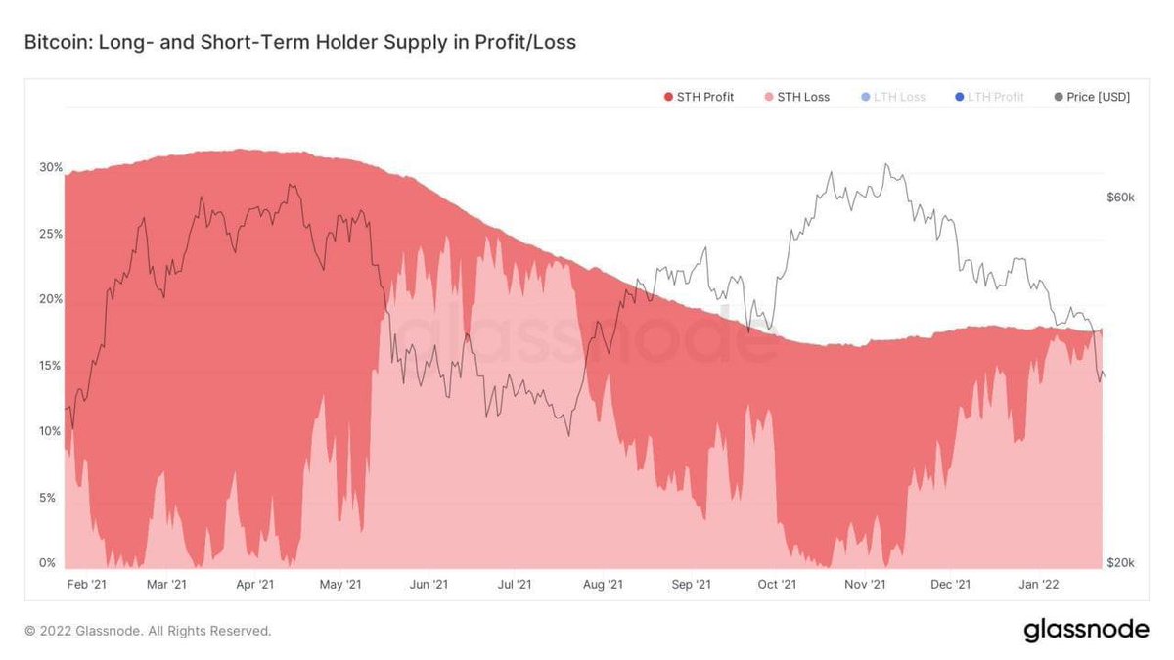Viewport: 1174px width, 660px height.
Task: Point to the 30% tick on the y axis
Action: [x=51, y=167]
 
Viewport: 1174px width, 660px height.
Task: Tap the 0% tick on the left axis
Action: [x=47, y=563]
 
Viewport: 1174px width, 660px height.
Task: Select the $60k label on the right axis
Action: [x=1120, y=198]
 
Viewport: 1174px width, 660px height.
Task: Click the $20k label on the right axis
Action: [x=1120, y=563]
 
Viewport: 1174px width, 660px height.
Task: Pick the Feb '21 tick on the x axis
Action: [x=86, y=585]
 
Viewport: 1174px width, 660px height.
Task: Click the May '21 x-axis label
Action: [x=340, y=585]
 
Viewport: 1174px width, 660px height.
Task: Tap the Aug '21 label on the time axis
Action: [x=603, y=585]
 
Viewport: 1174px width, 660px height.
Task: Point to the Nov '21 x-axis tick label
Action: [x=865, y=585]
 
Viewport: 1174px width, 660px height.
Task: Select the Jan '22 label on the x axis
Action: [x=1039, y=585]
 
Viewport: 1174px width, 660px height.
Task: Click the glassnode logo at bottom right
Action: [x=1086, y=631]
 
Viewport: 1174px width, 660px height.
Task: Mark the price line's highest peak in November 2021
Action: [x=886, y=164]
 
